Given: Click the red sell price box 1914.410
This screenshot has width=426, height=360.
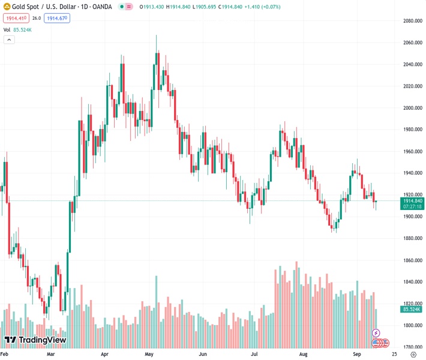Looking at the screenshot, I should pos(14,18).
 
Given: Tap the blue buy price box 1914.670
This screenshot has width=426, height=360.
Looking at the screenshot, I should pos(57,18).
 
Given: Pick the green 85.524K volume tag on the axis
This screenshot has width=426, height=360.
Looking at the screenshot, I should pos(411,309).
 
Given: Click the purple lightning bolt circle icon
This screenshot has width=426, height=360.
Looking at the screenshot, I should pos(376,332).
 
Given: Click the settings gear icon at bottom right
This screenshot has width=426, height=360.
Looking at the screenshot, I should pos(413,355).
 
